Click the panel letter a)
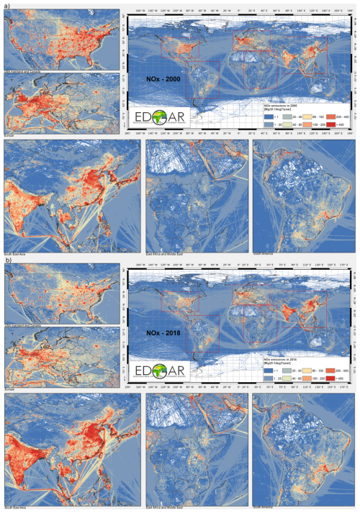point(6,4)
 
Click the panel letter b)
point(6,260)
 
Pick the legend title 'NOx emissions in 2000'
point(281,105)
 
